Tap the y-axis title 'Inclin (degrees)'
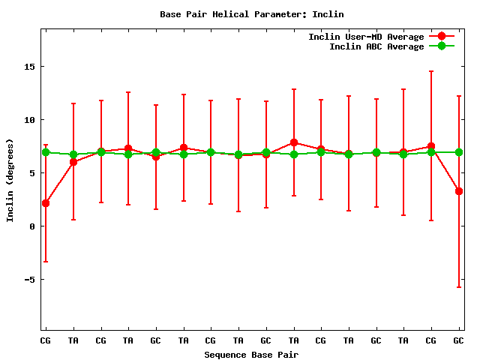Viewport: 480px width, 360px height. pos(10,180)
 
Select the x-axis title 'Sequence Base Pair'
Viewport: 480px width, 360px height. pos(251,354)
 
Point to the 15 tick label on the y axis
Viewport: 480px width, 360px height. pos(29,67)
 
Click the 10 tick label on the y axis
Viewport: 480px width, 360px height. pos(29,120)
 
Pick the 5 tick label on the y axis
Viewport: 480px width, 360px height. pos(32,173)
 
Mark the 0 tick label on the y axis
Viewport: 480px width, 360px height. pos(32,226)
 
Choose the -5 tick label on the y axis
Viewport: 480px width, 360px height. pos(29,280)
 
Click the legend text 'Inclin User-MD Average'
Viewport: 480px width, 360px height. pos(366,37)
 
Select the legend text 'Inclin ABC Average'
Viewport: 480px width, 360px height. pos(376,46)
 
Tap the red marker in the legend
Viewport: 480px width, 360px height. pos(442,37)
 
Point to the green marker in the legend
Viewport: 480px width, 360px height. pos(442,46)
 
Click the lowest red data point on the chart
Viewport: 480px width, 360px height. pos(46,203)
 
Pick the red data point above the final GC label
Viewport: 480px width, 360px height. pos(458,191)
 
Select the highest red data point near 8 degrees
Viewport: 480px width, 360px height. pos(294,142)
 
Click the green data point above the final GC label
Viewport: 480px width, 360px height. pos(458,152)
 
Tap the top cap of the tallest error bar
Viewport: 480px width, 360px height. pos(431,71)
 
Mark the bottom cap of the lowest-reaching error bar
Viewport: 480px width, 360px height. pos(458,287)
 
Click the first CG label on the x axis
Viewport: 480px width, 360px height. pos(46,340)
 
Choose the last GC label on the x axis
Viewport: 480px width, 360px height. pos(458,340)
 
